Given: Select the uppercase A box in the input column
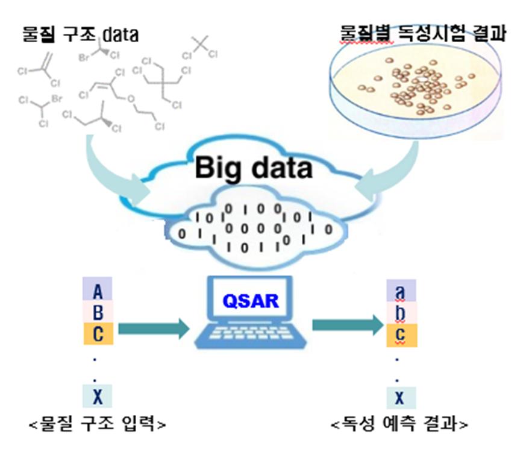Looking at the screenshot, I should pyautogui.click(x=98, y=291).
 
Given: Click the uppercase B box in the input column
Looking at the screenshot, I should pyautogui.click(x=98, y=312).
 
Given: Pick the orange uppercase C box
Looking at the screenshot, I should pyautogui.click(x=98, y=333).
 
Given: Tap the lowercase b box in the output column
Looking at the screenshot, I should pyautogui.click(x=400, y=312).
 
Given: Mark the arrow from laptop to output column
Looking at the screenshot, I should pyautogui.click(x=346, y=326).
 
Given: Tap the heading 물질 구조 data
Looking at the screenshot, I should pyautogui.click(x=80, y=34).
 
